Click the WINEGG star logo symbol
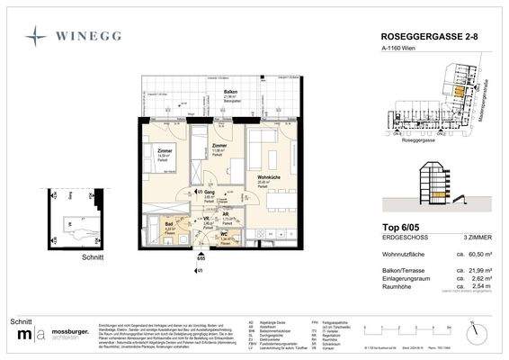[34, 36]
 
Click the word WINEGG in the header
[91, 37]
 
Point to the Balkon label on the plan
[231, 92]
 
